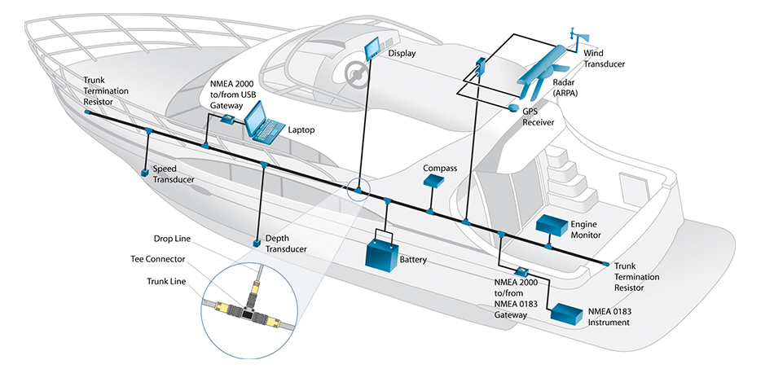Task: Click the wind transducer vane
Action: click(576, 37)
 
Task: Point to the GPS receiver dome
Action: click(514, 108)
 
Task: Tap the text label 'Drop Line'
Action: click(171, 239)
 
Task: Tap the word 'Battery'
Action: click(413, 261)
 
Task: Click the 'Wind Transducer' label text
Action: click(604, 58)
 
